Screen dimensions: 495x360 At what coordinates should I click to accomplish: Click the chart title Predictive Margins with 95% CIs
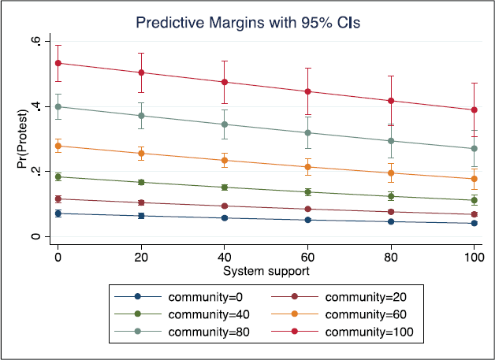click(x=247, y=23)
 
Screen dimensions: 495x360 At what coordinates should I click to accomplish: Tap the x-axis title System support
click(x=266, y=271)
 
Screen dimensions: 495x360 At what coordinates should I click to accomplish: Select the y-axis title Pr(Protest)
click(x=22, y=139)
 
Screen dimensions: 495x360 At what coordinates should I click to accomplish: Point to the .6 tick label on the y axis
click(x=35, y=41)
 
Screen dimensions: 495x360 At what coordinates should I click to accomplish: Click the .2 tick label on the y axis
click(x=35, y=171)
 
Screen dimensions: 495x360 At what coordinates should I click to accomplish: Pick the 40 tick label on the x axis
click(x=224, y=258)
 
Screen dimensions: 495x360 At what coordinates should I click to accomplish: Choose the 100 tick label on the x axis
click(x=474, y=258)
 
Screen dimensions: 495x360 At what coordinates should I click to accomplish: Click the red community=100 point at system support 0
click(x=58, y=63)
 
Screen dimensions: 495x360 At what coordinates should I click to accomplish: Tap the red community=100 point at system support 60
click(x=307, y=91)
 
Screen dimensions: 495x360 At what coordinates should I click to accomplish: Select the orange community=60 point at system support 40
click(x=225, y=160)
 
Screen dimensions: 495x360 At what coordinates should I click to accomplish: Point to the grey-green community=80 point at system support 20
click(x=141, y=116)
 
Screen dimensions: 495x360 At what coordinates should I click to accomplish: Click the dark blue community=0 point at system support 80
click(x=391, y=222)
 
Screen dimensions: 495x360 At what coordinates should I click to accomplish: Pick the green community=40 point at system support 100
click(x=475, y=200)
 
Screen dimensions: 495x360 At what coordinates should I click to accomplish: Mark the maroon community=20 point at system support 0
click(x=58, y=199)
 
